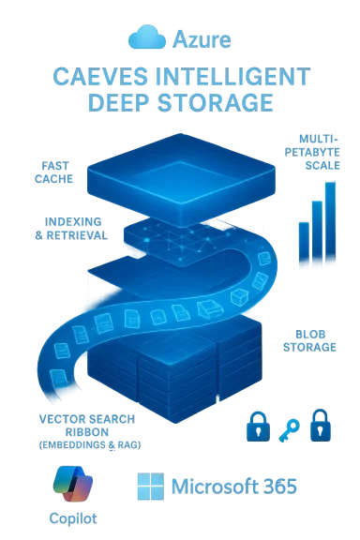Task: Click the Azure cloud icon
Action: point(148,37)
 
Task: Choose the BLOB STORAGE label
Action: point(308,338)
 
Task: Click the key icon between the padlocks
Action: point(288,427)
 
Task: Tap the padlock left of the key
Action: point(255,424)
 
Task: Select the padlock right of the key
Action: point(321,424)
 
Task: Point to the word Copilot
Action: point(72,517)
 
